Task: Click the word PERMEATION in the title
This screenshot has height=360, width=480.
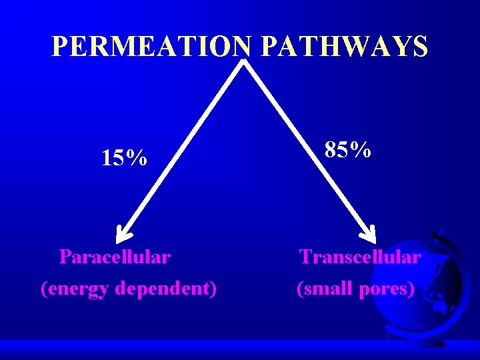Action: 151,47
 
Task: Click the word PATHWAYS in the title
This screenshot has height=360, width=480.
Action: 345,47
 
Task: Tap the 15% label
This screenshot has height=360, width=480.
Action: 124,159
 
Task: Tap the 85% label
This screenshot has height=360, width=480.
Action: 347,150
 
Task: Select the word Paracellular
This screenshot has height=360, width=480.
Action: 115,257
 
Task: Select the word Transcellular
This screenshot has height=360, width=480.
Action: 360,257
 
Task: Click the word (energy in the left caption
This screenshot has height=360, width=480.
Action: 75,289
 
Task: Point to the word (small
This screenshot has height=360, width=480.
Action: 325,289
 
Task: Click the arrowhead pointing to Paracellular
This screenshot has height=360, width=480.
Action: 123,233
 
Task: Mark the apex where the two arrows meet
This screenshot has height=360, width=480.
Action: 244,62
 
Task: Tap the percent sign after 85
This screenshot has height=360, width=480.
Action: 362,150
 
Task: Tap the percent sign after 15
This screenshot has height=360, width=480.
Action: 138,159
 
